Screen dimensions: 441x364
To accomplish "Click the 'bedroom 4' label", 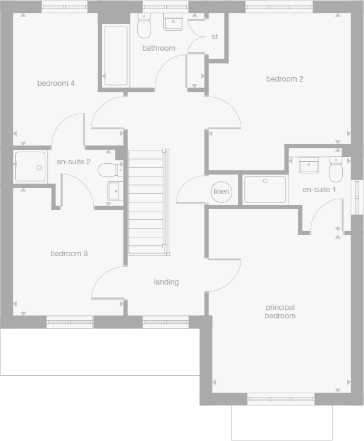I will tap(56, 83).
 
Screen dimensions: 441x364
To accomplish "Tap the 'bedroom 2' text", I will tap(284, 79).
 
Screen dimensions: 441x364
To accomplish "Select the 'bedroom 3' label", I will tap(69, 254).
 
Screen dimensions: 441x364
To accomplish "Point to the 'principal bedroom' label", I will tap(280, 312).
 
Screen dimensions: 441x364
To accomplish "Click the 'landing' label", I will tap(166, 282).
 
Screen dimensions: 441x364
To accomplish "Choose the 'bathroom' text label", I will tap(158, 48).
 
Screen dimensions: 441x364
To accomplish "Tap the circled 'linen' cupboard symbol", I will tap(222, 192).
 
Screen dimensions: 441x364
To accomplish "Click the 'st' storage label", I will tap(215, 37).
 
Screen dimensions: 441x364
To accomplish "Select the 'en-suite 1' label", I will tap(319, 190).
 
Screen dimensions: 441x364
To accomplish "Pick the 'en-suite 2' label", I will tap(74, 162).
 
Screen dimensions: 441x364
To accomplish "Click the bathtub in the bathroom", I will tap(115, 56).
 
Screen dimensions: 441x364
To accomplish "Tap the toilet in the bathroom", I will tap(145, 27).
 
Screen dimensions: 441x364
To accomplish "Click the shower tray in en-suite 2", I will tap(30, 167).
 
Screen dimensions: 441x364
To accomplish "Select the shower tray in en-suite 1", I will tap(265, 190).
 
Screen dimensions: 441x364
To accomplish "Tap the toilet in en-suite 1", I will tap(336, 170).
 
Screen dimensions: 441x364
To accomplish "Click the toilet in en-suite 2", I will tap(109, 169).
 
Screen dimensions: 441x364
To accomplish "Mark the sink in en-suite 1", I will tap(308, 165).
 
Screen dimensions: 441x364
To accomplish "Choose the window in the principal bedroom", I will tap(281, 399).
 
